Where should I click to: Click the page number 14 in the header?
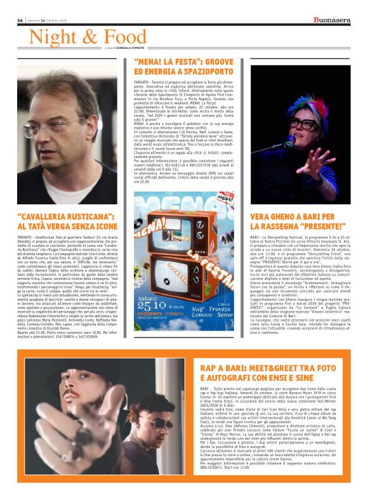coord(20,20)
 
